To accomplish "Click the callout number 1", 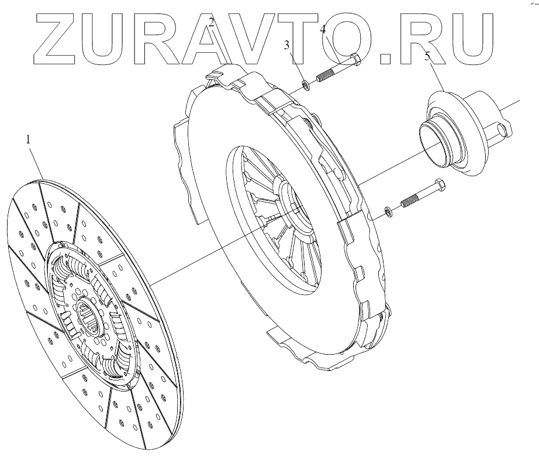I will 27,140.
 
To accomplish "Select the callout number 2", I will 212,23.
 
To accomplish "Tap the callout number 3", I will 287,45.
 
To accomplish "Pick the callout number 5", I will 427,57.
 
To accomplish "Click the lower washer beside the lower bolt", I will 389,211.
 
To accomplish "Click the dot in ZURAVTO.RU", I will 386,57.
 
